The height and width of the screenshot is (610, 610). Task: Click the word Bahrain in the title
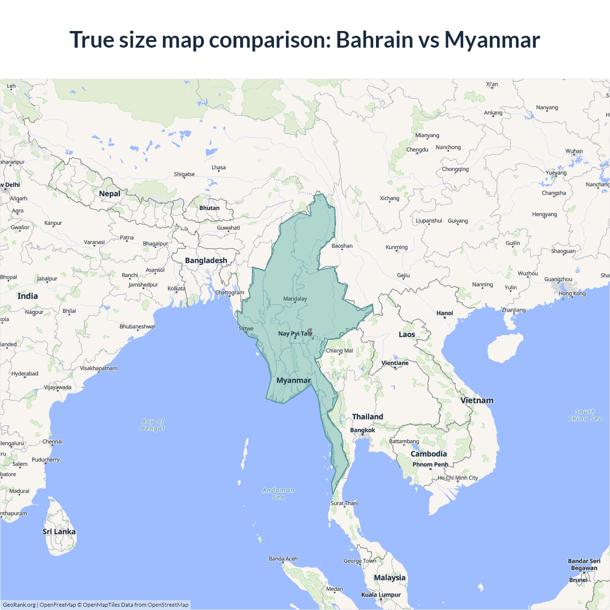coord(375,40)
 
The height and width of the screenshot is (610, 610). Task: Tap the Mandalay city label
coord(295,299)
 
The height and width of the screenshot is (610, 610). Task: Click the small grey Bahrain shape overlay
coord(310,332)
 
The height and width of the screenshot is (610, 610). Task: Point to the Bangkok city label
coord(363,430)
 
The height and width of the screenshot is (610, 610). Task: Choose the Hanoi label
coord(445,313)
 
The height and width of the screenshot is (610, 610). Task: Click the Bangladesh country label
coord(206,261)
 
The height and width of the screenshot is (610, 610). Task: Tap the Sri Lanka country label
coord(59,532)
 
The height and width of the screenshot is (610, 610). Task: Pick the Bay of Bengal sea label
coord(153,425)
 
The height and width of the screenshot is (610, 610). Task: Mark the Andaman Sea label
coord(278,494)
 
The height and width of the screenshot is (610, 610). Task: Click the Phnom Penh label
coord(430,465)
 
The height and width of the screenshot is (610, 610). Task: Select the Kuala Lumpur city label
coord(381,595)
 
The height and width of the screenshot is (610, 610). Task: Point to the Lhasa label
coord(219,168)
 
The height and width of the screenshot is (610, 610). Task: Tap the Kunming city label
coord(396,247)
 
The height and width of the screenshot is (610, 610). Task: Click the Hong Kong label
coord(572,294)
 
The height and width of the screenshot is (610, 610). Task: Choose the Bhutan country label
coord(209,208)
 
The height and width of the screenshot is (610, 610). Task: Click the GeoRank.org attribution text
coord(19,605)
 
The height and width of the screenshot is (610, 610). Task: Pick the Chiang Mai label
coord(339,351)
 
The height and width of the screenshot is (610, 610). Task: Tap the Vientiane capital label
coord(395,363)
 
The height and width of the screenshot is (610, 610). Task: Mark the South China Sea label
coord(585,415)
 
